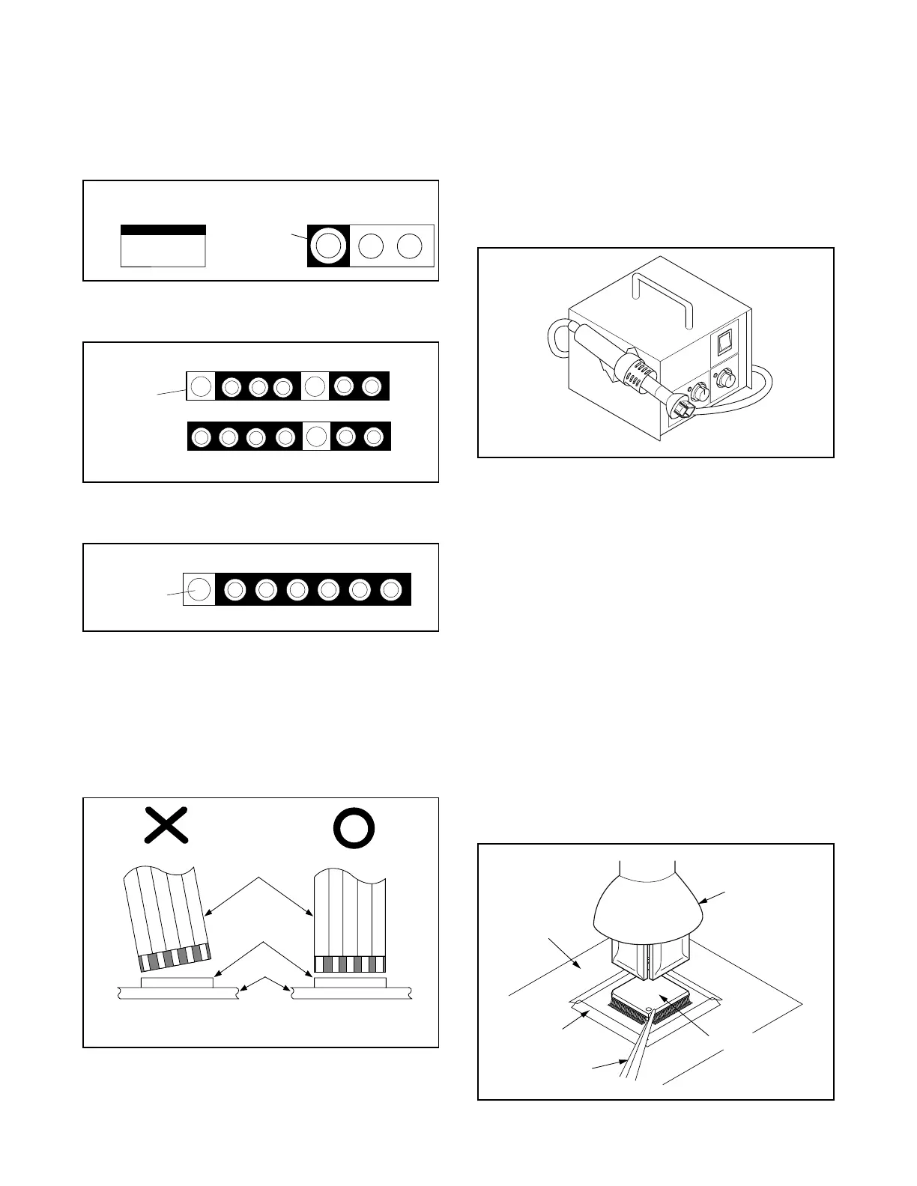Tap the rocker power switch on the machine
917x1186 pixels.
[724, 343]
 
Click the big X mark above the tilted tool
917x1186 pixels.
[166, 827]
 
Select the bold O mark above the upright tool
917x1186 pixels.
[354, 828]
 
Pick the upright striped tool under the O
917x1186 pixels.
[350, 921]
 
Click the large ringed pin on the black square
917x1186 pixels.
[328, 246]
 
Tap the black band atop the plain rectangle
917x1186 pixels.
[163, 230]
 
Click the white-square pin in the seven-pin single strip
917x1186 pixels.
[199, 589]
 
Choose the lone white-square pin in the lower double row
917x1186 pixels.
[316, 436]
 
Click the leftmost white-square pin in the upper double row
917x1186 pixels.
[200, 386]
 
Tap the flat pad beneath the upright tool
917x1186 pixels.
[350, 982]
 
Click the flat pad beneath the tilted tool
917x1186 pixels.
[177, 982]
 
